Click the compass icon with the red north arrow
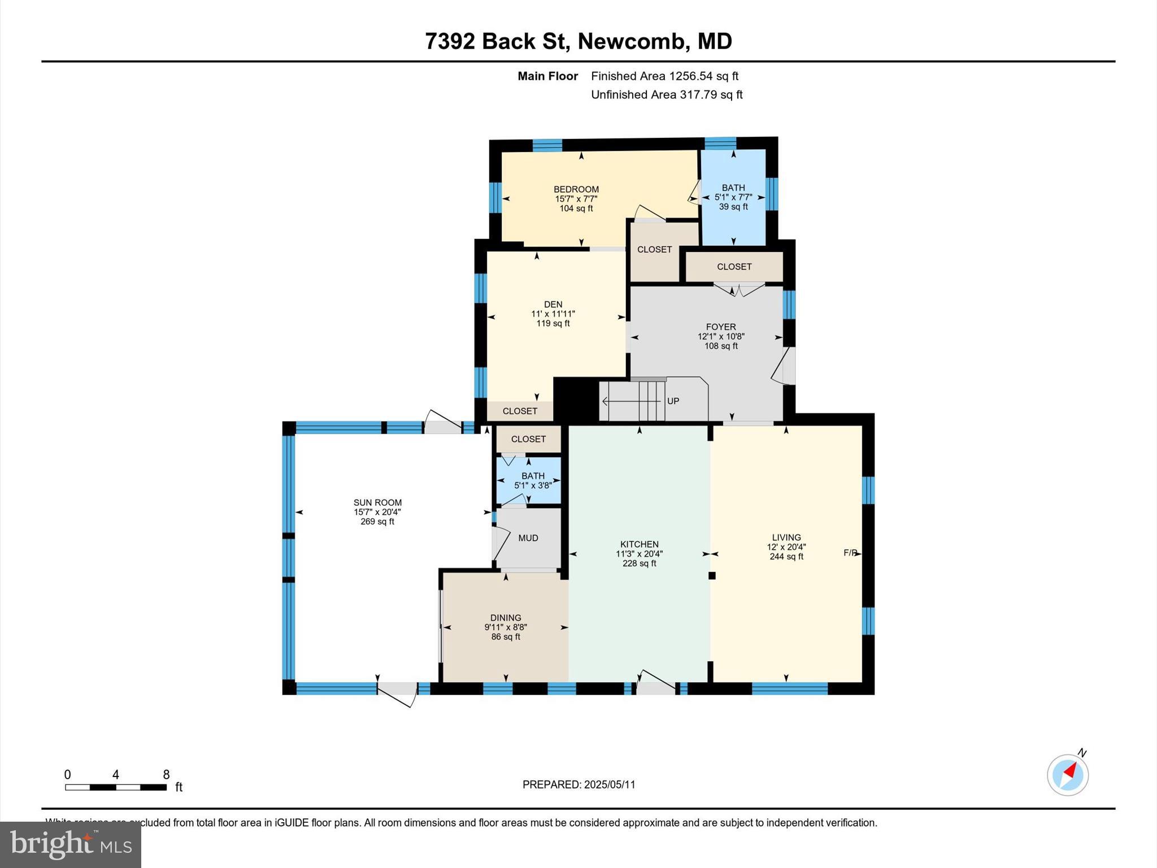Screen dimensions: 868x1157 1067,775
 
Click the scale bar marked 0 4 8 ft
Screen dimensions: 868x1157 116,787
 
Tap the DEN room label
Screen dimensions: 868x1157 553,304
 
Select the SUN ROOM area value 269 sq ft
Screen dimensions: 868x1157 377,522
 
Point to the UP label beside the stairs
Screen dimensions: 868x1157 673,401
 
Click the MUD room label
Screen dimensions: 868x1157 528,538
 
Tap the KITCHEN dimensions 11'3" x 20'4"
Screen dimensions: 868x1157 639,554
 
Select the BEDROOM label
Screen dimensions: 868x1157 576,189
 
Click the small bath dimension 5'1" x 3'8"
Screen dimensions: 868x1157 533,485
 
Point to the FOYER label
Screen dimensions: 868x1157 721,327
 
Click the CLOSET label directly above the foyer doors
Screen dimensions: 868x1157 734,267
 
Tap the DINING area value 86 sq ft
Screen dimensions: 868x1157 506,637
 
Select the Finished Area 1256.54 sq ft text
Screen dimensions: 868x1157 664,76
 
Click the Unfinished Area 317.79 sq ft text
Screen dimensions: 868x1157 667,94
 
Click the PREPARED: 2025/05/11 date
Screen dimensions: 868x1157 578,784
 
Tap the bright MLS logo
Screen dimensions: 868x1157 71,844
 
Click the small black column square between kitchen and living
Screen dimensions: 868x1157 712,576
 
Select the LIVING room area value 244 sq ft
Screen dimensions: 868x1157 786,557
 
